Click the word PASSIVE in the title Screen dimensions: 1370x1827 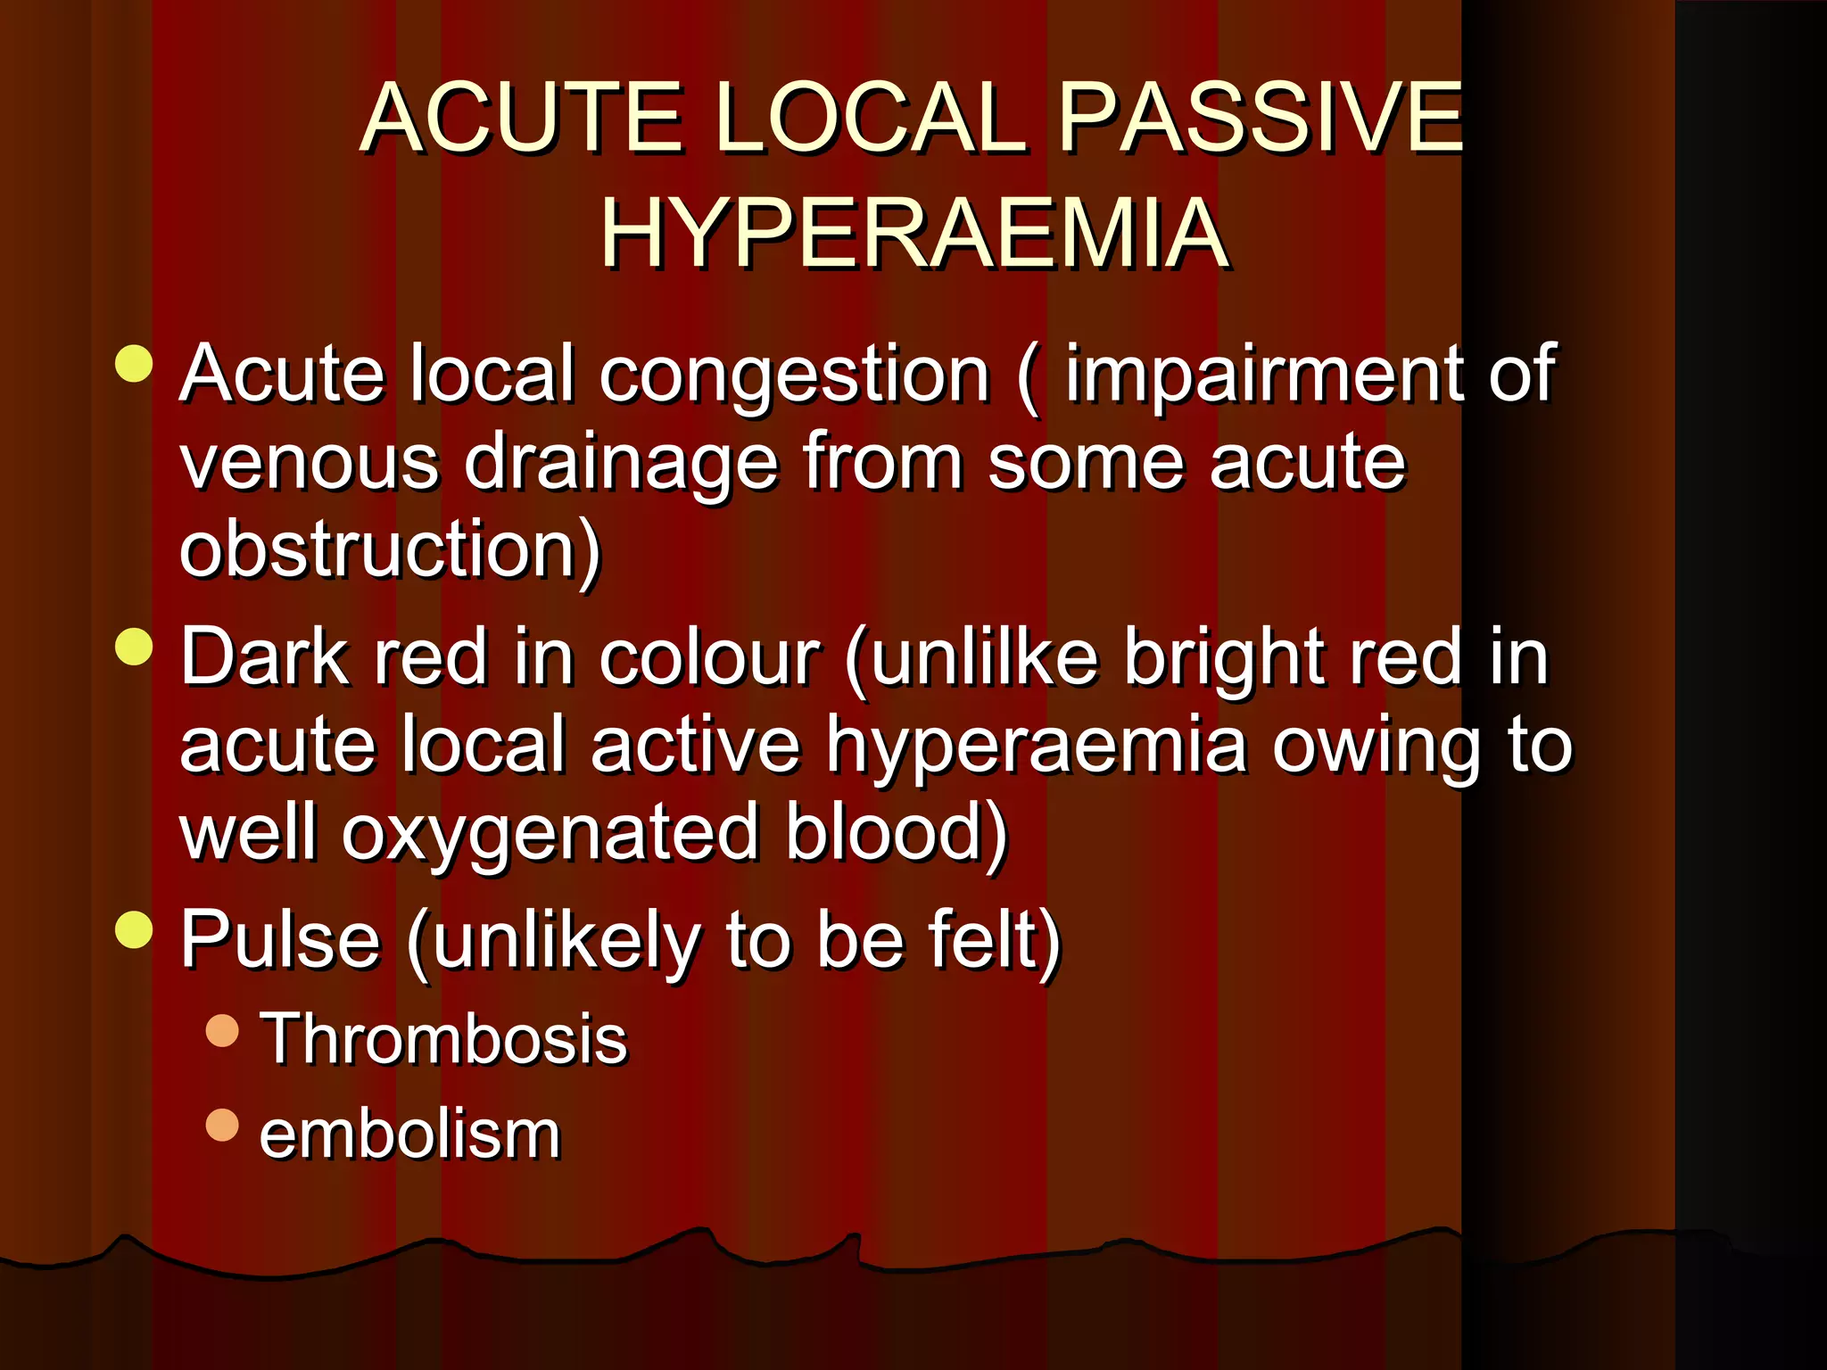(x=1260, y=118)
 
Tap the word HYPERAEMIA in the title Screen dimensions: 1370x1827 (x=914, y=234)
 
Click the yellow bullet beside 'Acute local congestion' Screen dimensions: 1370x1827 (x=135, y=363)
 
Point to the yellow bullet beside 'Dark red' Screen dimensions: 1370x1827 (x=135, y=647)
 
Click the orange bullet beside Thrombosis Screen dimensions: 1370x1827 (x=222, y=1030)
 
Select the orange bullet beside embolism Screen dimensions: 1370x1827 (x=222, y=1125)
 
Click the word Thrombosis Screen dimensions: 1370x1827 (x=443, y=1039)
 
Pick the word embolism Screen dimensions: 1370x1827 (x=409, y=1135)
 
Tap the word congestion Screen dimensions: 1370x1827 (x=795, y=375)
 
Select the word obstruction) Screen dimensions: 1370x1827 (x=391, y=549)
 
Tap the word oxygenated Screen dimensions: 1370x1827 (x=551, y=833)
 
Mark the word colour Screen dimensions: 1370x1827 (x=709, y=658)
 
